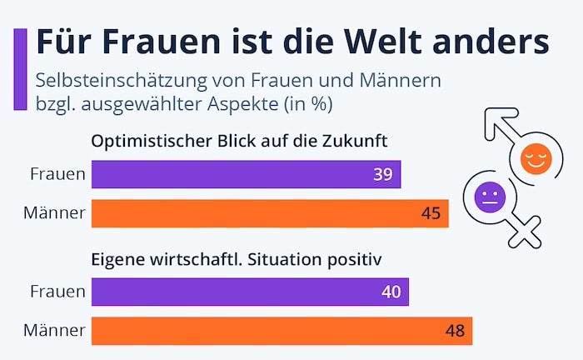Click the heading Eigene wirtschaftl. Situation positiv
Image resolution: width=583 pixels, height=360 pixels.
[236, 258]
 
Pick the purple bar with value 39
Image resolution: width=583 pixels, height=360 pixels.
[246, 174]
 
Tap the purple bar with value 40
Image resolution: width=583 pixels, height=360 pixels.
[250, 292]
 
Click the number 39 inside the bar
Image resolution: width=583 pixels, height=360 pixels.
[385, 174]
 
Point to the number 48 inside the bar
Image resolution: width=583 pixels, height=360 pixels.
[456, 331]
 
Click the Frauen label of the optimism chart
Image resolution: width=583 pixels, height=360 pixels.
[57, 174]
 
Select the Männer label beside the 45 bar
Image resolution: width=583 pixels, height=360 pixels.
[54, 213]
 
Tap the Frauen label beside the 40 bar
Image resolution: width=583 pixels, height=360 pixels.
[57, 292]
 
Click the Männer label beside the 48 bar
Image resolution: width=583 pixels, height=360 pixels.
[54, 331]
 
